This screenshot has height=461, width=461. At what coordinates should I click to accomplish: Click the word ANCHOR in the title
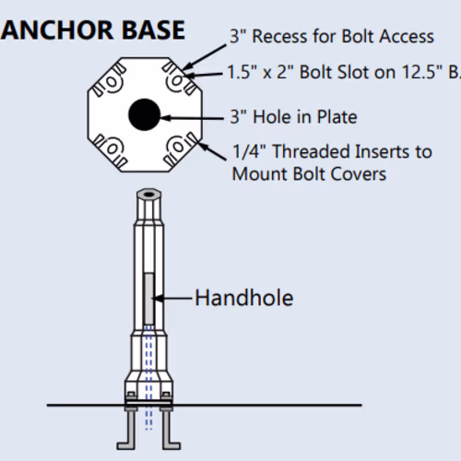point(57,30)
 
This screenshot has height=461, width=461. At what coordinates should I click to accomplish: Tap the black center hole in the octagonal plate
point(144,114)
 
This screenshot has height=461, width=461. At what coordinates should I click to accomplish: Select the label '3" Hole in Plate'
point(293,117)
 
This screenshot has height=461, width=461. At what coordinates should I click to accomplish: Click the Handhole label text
point(244,298)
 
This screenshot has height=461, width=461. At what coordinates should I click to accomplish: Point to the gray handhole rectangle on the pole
point(148,299)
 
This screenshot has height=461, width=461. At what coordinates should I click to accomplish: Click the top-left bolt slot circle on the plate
point(112,82)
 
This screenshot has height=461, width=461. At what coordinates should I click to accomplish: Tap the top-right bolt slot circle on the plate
point(177,81)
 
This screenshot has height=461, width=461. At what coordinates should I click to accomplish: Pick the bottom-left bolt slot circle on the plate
point(112,148)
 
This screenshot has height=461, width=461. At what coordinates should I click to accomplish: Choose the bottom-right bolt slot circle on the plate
point(178,147)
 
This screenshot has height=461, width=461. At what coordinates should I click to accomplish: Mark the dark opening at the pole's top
point(148,195)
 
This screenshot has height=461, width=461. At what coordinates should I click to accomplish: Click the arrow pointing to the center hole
point(192,118)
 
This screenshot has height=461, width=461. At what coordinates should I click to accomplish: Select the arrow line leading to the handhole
point(172,298)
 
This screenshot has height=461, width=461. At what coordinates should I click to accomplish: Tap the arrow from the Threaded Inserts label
point(212,150)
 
